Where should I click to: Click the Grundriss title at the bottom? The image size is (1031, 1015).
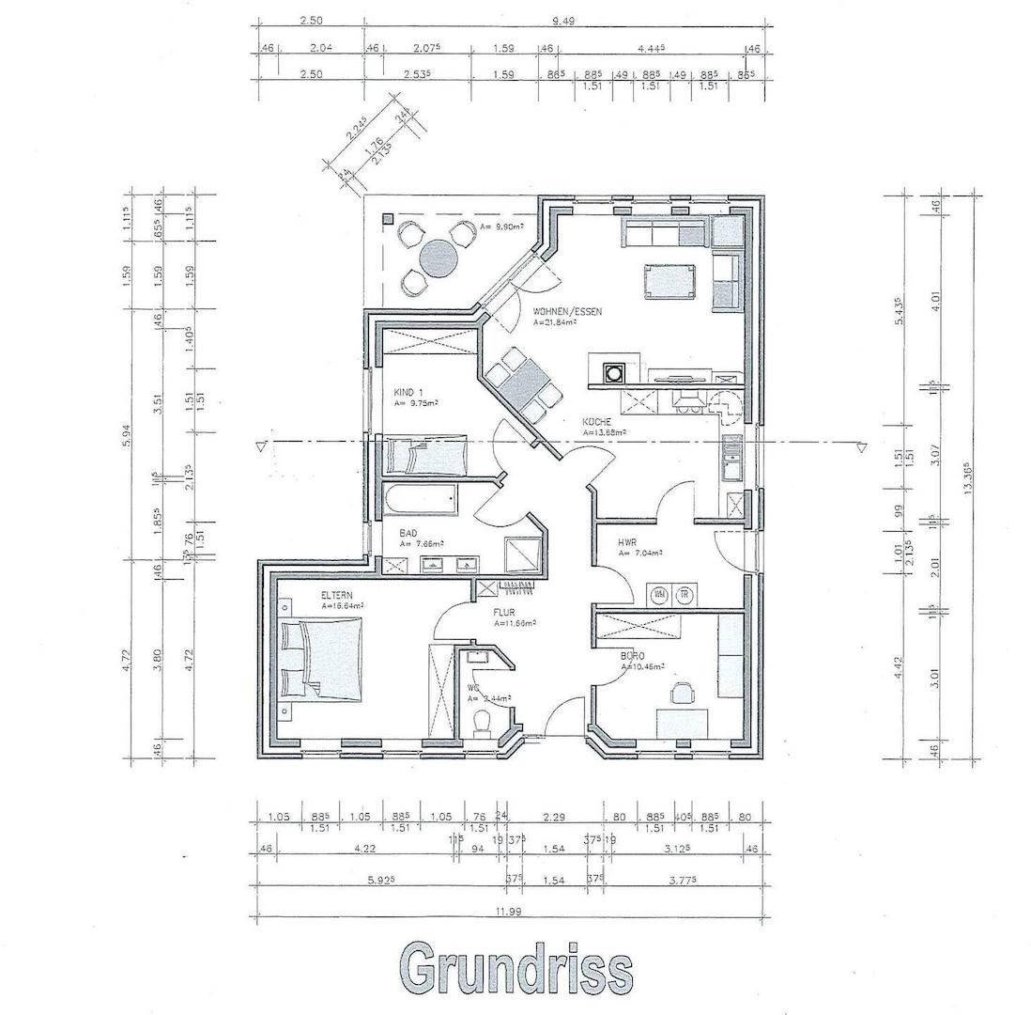[x=515, y=965]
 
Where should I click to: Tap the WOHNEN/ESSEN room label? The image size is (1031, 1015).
[x=567, y=311]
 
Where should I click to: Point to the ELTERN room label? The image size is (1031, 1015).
[x=337, y=595]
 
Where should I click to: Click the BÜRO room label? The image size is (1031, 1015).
[x=633, y=655]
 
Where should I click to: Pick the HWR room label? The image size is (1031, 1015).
[x=627, y=543]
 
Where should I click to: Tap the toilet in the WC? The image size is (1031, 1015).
[x=483, y=723]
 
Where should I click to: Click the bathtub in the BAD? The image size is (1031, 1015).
[x=420, y=499]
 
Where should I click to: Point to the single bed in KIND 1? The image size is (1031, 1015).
[x=425, y=455]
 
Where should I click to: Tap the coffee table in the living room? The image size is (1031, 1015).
[x=670, y=280]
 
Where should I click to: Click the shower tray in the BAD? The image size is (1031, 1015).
[x=521, y=554]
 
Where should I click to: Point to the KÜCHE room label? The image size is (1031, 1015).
[x=597, y=422]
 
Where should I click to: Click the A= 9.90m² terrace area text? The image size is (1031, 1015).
[x=500, y=226]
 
